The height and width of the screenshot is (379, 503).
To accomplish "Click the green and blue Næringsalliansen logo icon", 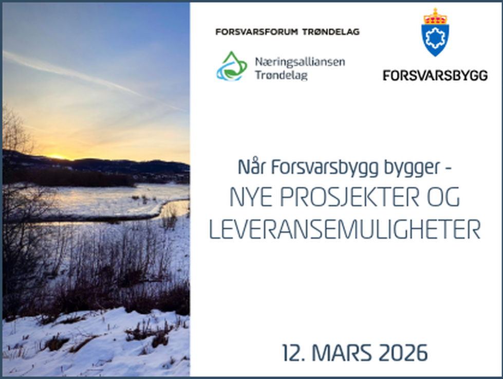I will pyautogui.click(x=232, y=66).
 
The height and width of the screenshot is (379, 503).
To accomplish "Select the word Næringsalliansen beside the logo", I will pyautogui.click(x=300, y=62).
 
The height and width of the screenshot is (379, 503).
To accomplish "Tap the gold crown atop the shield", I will pyautogui.click(x=435, y=16).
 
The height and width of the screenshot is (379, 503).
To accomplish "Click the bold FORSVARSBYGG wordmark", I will pyautogui.click(x=435, y=75).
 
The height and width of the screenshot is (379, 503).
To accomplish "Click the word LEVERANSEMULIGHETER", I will pyautogui.click(x=344, y=230).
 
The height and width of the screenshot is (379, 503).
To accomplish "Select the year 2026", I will pyautogui.click(x=404, y=353).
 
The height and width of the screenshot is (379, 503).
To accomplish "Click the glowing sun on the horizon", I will pyautogui.click(x=58, y=156).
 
